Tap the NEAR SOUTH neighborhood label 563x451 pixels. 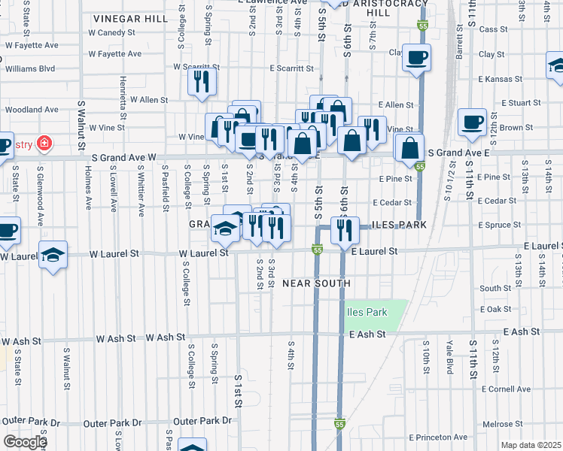316,283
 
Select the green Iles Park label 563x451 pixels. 366,312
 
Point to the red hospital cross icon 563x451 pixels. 44,142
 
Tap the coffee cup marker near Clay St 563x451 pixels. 415,57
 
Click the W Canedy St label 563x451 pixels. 111,33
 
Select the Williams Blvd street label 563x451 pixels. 29,68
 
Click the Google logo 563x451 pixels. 25,441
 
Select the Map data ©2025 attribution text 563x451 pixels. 531,445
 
